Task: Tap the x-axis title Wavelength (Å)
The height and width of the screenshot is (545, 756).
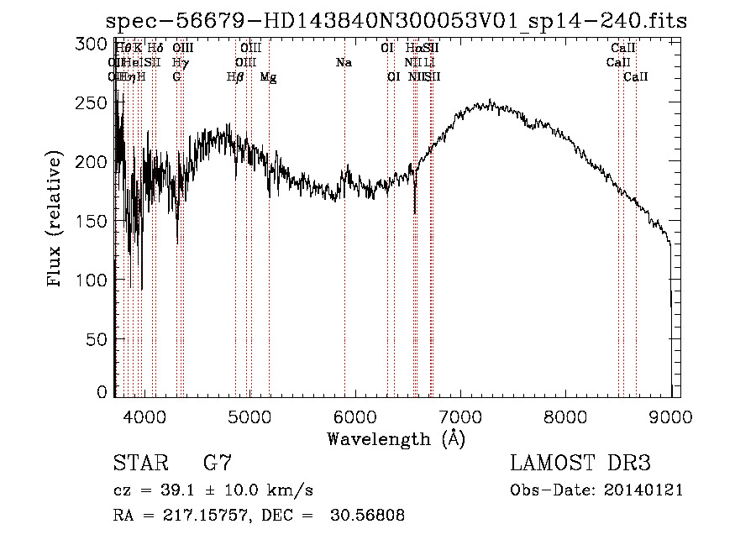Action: click(396, 438)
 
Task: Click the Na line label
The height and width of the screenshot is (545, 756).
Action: click(344, 63)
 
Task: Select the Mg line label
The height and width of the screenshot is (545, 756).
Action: click(269, 77)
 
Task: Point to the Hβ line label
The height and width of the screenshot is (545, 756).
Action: click(234, 77)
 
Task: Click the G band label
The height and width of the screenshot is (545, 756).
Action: click(177, 77)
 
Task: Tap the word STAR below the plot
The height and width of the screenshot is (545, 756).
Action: click(139, 464)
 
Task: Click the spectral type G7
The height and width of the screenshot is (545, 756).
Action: click(218, 464)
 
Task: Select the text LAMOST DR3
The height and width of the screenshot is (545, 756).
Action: click(580, 464)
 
